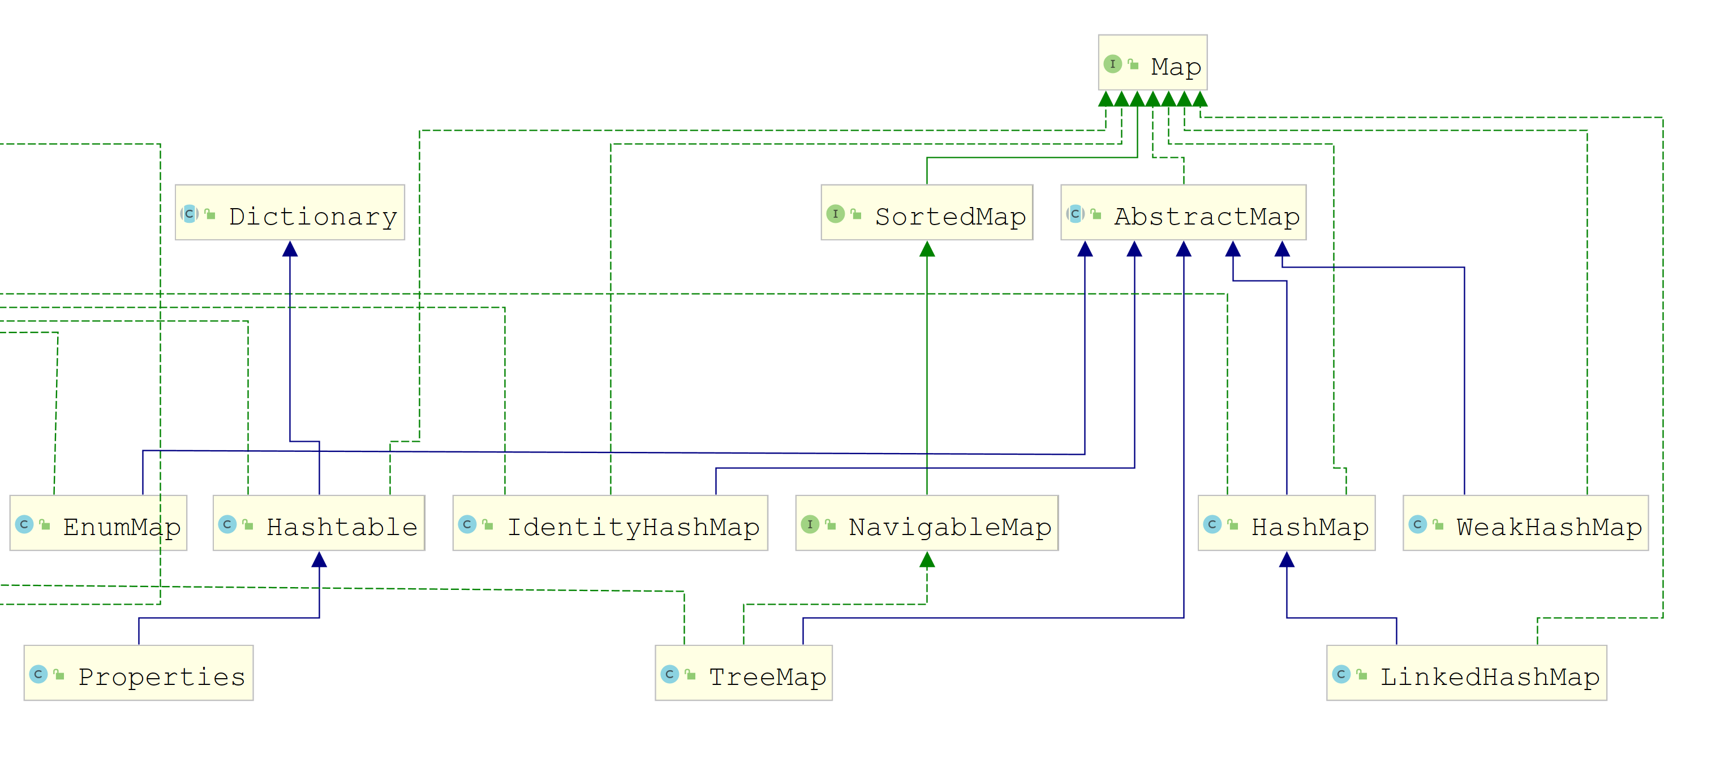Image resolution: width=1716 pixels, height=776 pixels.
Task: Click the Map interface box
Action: point(1152,63)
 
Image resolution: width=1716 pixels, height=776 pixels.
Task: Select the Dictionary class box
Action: point(290,213)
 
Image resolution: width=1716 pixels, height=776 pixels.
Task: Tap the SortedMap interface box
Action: point(927,213)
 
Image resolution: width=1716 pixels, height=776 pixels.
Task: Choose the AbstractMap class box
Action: point(1183,213)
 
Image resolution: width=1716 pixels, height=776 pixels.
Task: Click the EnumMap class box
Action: point(98,523)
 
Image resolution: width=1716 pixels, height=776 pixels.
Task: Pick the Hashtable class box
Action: point(319,523)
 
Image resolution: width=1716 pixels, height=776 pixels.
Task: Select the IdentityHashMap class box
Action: point(610,523)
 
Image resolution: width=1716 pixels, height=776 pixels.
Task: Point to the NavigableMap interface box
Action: point(927,523)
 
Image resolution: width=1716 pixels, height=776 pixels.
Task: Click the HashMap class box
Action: point(1287,523)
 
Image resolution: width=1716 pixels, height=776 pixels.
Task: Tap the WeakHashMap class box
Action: point(1525,523)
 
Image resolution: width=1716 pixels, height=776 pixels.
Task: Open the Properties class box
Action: point(139,672)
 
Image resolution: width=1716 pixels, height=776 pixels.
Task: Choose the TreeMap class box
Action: point(743,672)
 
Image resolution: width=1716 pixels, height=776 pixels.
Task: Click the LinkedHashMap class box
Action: point(1466,672)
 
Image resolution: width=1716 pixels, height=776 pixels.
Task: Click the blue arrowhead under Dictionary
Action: point(290,249)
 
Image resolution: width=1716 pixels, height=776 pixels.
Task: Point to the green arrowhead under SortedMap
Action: point(927,249)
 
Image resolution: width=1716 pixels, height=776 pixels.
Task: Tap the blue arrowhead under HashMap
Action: point(1287,559)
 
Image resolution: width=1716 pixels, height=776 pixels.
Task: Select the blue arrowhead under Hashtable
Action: point(319,559)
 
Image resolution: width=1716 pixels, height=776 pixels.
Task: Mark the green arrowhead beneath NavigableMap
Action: point(927,559)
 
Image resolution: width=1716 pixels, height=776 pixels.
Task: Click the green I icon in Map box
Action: point(1112,64)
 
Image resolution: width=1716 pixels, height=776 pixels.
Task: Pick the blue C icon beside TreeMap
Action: point(669,674)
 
